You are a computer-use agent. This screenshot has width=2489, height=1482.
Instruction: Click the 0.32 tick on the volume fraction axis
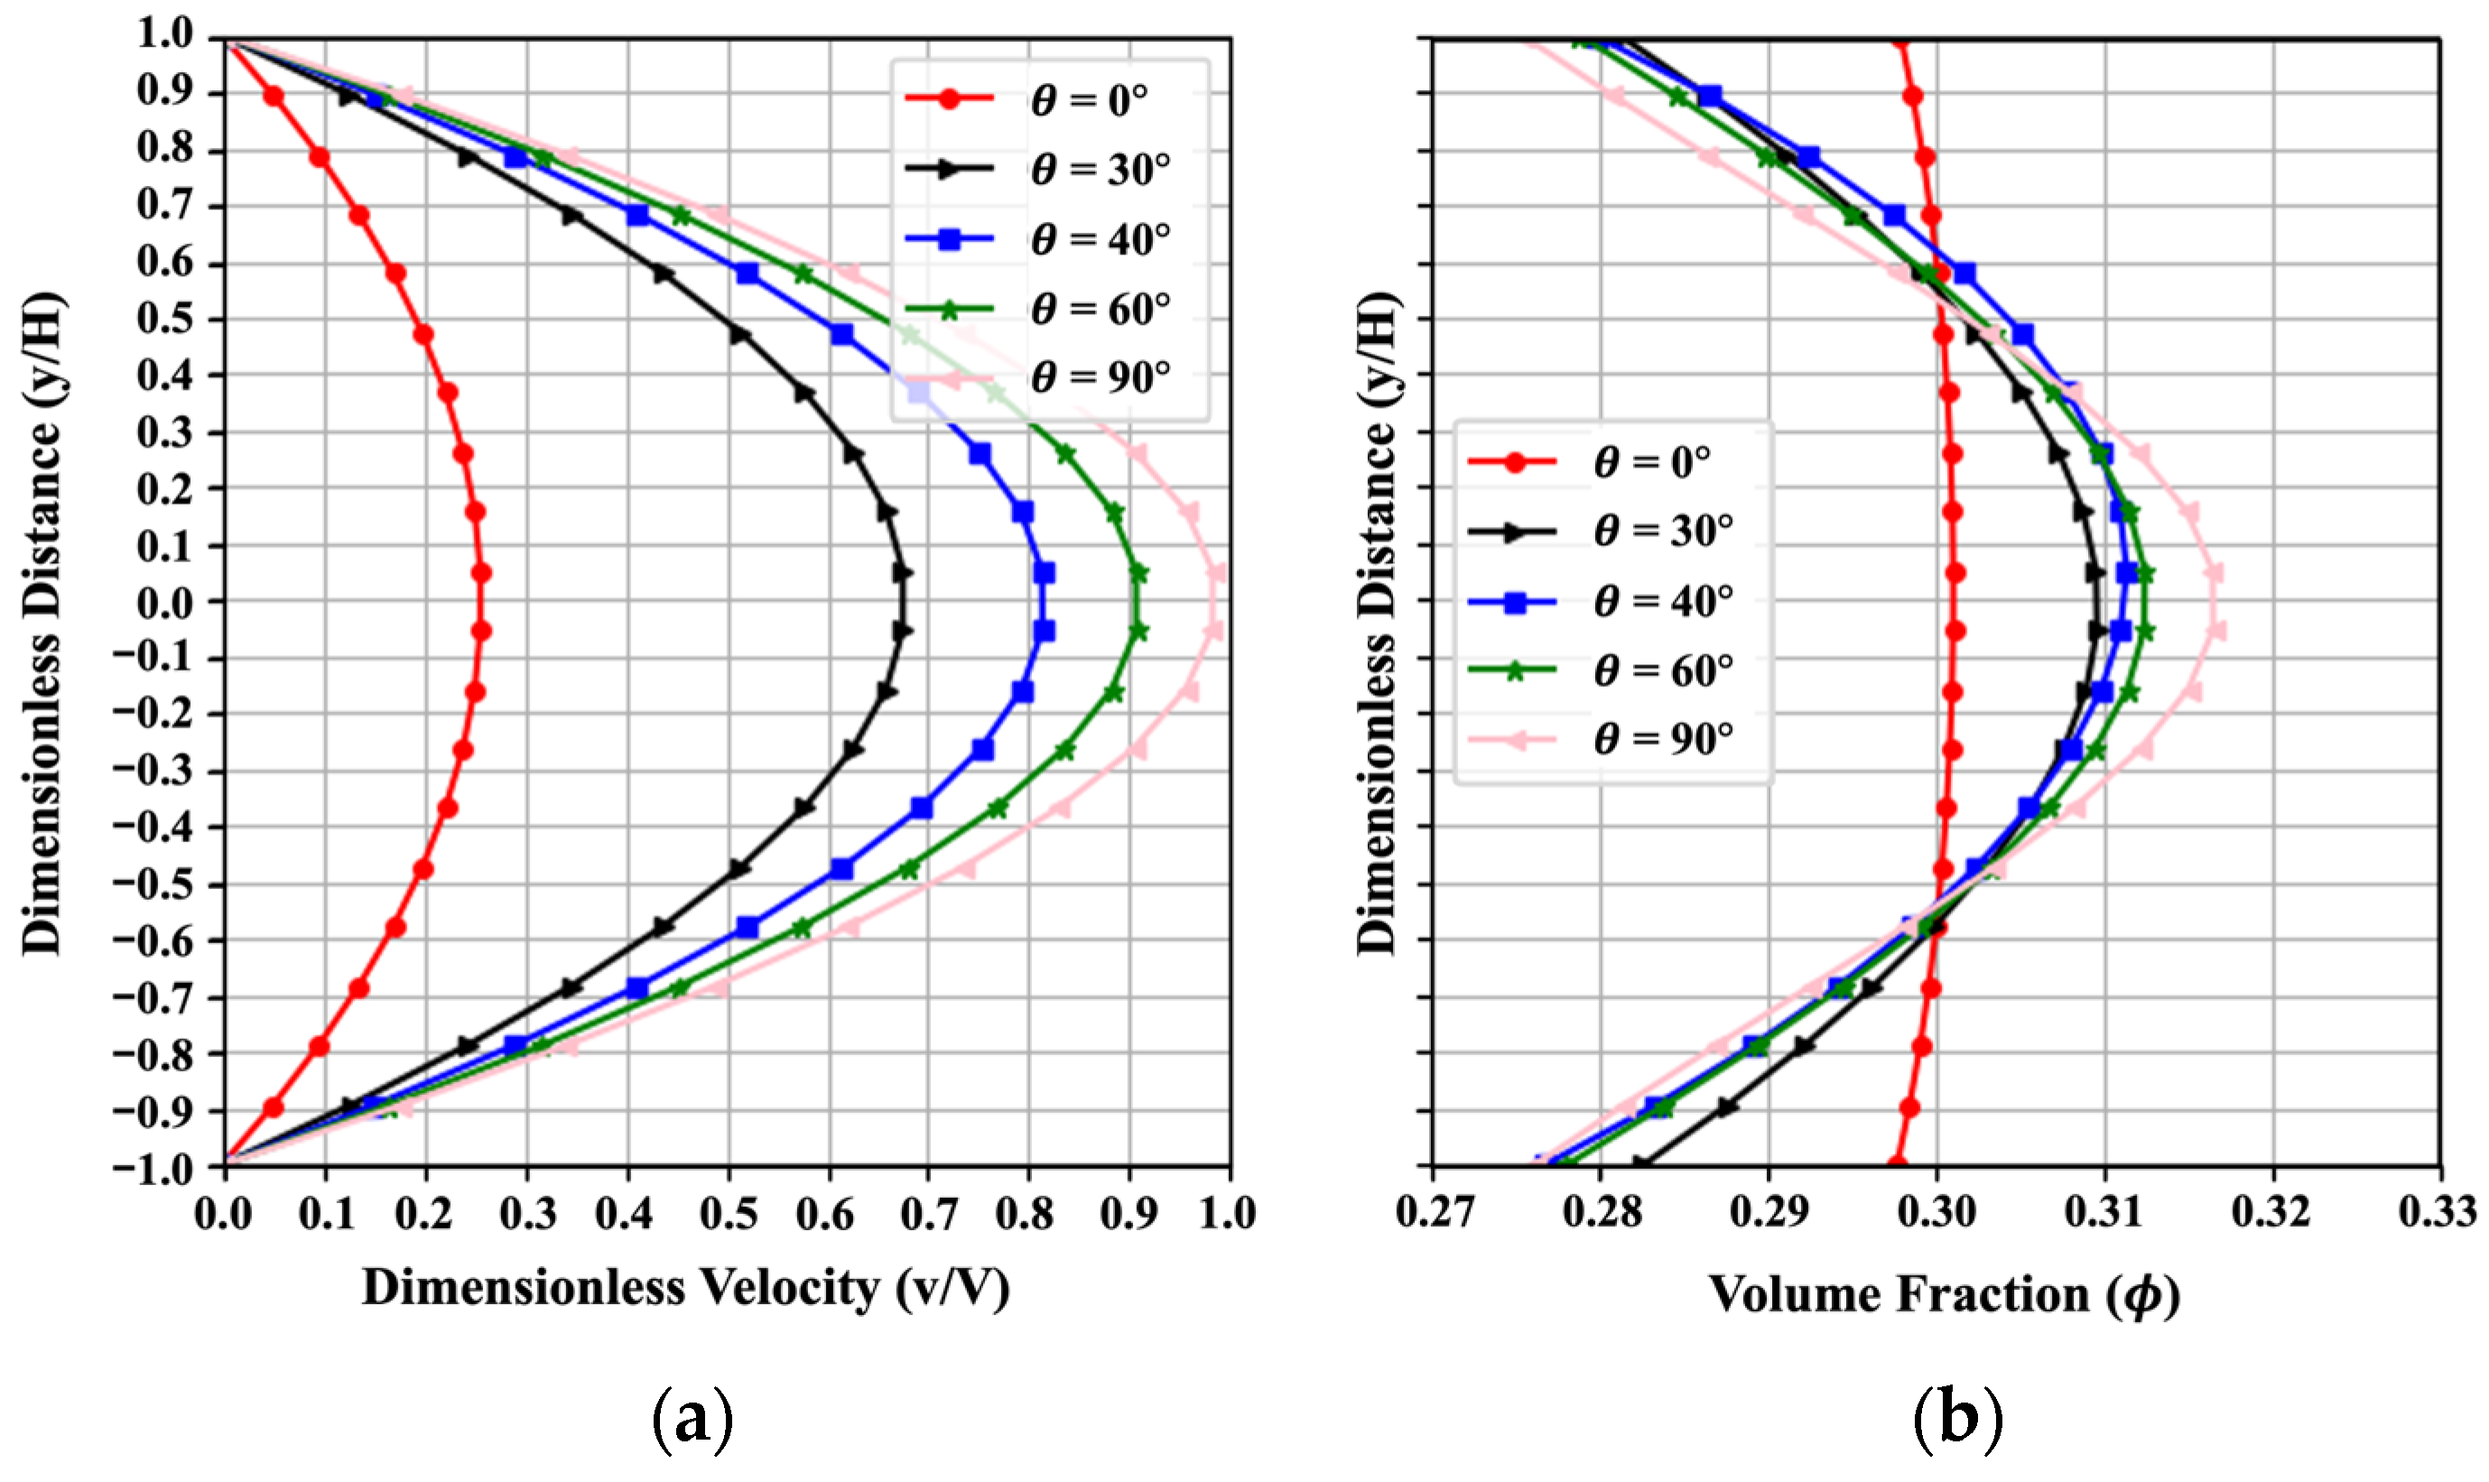click(x=2272, y=1212)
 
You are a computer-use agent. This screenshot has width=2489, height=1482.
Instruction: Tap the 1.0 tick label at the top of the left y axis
click(x=165, y=35)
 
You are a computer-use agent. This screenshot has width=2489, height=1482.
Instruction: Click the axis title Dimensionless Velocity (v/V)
click(x=685, y=1288)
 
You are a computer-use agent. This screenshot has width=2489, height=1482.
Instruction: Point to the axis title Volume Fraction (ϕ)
click(x=1944, y=1294)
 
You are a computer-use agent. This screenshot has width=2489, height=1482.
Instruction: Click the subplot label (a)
click(x=692, y=1416)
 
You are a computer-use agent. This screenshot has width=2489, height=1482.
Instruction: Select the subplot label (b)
click(x=1956, y=1416)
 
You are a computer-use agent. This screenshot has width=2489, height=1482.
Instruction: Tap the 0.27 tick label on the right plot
click(x=1434, y=1212)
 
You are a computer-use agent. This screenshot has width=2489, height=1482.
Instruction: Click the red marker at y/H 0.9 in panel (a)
click(x=274, y=97)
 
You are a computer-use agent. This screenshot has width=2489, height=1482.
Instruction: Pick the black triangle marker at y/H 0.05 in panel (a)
click(x=903, y=572)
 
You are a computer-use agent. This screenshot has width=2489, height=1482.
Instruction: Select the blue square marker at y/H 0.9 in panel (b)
click(x=1710, y=97)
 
